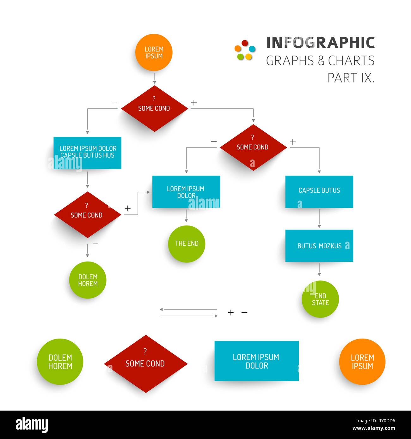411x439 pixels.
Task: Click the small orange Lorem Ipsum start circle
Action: point(154,52)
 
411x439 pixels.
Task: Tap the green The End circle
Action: point(187,244)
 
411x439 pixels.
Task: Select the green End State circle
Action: point(320,299)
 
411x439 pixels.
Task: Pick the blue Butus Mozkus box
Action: point(319,246)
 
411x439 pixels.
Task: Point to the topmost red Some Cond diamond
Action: point(154,109)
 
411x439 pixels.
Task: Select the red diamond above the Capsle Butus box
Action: point(253,147)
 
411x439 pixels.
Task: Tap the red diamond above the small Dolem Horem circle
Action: point(87,215)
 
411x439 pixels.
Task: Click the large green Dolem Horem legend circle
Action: point(60,362)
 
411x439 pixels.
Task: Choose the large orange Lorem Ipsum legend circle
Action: point(362,362)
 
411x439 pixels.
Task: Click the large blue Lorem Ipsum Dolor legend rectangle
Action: point(256,361)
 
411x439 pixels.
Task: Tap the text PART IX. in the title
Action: point(351,78)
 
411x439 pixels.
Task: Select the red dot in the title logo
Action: point(244,43)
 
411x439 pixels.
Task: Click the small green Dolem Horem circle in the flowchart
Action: point(88,280)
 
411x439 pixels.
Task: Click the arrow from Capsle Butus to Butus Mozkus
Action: point(319,219)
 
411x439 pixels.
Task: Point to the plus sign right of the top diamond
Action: point(194,103)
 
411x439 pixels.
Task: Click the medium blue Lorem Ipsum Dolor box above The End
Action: point(186,192)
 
